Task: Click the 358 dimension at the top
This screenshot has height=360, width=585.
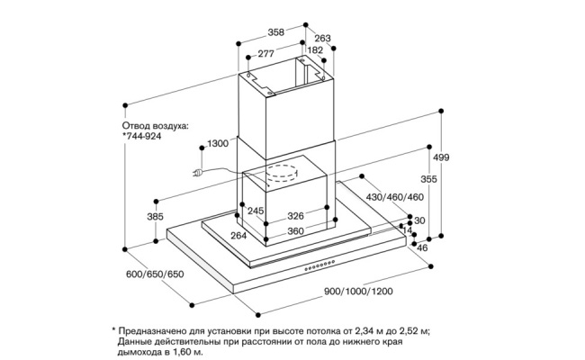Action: coord(276,32)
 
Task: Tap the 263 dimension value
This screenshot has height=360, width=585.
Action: coord(322,39)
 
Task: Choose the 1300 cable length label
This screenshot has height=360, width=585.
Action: coord(218,144)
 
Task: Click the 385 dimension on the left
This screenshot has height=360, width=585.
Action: coord(155,216)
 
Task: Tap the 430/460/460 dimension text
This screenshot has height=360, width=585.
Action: coord(394,197)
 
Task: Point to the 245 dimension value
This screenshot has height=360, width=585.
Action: coord(256,211)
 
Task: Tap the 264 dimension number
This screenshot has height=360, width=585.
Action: coord(239,235)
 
